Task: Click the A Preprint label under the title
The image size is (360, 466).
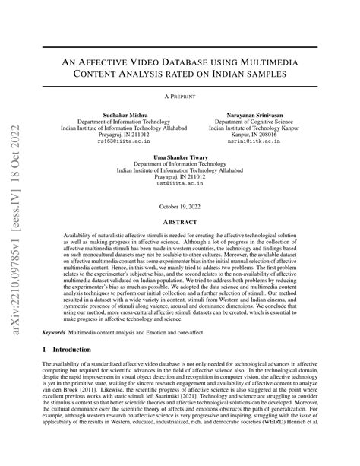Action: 180,97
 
